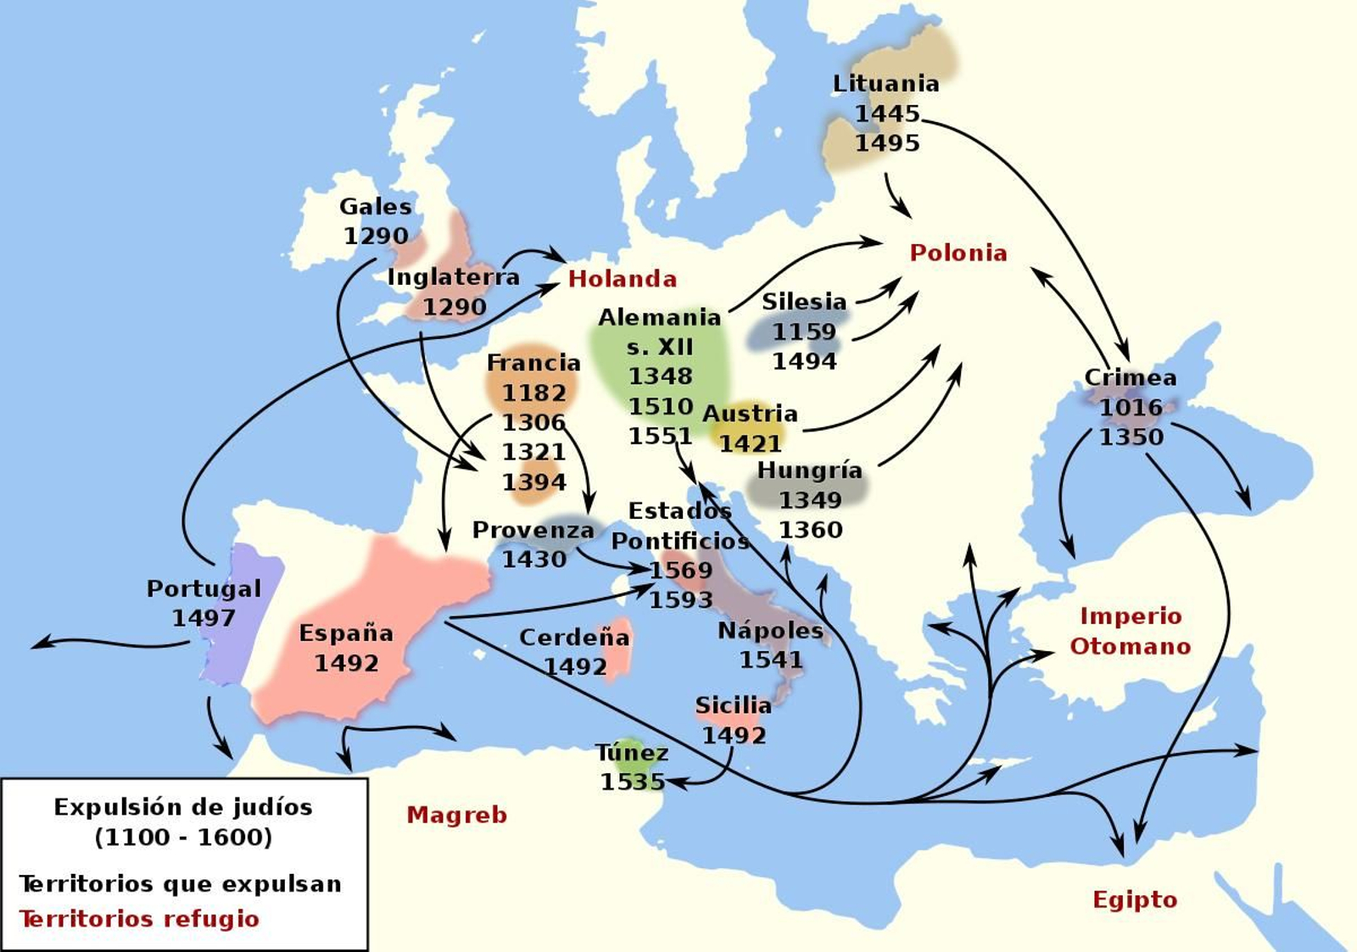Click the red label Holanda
point(623,279)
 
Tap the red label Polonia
point(958,253)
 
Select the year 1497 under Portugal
point(204,618)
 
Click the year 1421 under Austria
point(750,443)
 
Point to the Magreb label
point(456,815)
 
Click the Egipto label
point(1134,899)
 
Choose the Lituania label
point(885,84)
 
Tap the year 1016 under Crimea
point(1131,408)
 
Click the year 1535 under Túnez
point(632,782)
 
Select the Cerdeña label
point(574,637)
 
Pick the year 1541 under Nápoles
point(770,660)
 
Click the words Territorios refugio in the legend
point(139,919)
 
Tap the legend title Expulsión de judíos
point(183,807)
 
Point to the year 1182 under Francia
point(533,392)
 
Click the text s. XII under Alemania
point(660,347)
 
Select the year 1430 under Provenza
point(533,560)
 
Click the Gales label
point(375,206)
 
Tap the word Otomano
point(1130,646)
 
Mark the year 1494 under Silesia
point(804,361)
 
